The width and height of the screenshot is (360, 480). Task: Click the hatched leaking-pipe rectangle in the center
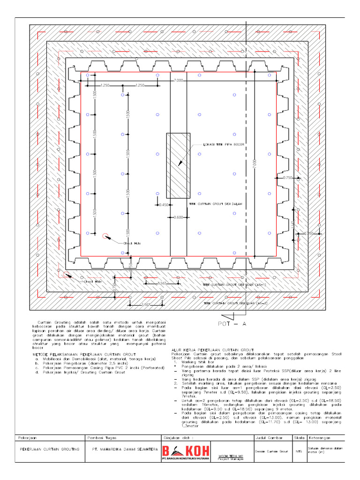[178, 165]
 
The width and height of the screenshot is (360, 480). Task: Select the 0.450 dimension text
[164, 205]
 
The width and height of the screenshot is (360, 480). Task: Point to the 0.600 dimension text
[178, 217]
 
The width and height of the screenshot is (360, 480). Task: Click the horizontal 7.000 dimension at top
[178, 81]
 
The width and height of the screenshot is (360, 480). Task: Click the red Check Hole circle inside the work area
[105, 236]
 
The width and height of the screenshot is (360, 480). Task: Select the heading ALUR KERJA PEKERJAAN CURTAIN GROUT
[209, 350]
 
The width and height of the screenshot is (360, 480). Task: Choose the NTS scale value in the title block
[299, 451]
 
